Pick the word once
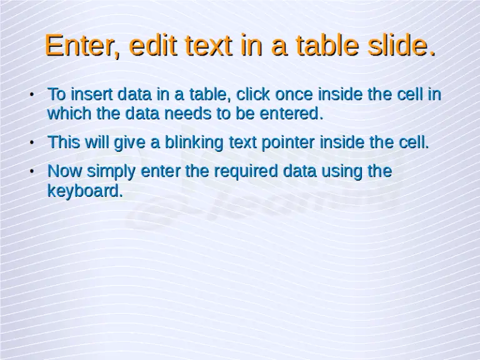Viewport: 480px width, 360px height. click(295, 95)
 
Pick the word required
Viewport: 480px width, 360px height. click(245, 171)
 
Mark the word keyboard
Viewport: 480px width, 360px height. click(85, 191)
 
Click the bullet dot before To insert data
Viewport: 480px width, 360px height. click(31, 96)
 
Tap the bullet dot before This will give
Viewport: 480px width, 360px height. click(31, 143)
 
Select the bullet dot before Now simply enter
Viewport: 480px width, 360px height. click(31, 172)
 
